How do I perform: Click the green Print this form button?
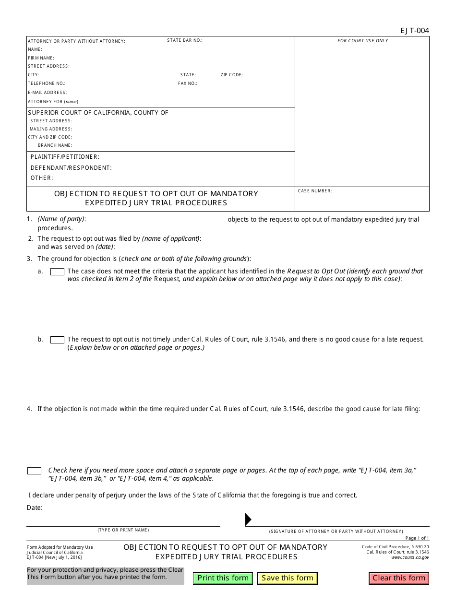[223, 578]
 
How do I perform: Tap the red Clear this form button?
[399, 578]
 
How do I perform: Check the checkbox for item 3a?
[57, 271]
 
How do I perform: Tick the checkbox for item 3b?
[57, 340]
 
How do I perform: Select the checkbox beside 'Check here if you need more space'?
[34, 471]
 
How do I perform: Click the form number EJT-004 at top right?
[415, 31]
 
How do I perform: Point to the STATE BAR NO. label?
[185, 40]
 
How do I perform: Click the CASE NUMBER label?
[314, 191]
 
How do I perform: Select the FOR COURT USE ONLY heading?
[362, 41]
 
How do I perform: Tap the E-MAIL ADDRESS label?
[47, 93]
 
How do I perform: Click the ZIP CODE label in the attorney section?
[232, 75]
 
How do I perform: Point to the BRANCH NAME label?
[55, 145]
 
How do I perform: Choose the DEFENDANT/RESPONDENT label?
[71, 168]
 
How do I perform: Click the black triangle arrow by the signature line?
[248, 519]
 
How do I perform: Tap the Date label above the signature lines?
[35, 507]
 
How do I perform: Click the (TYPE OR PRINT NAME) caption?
[123, 530]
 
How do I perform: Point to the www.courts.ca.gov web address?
[410, 557]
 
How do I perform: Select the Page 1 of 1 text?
[417, 538]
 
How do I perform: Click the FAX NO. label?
[188, 83]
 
